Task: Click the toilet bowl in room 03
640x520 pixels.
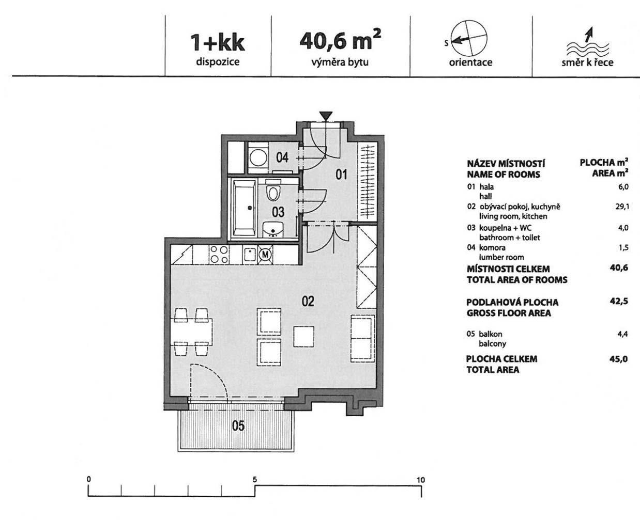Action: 273,190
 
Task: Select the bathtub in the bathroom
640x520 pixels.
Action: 245,208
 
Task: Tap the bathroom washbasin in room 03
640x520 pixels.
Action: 273,229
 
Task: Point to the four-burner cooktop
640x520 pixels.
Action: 219,255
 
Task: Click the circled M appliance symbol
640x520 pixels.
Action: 265,255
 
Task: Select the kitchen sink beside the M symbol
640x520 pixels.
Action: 250,255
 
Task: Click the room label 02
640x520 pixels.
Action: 308,301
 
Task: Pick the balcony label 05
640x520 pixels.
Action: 238,426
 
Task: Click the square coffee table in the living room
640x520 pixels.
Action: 304,337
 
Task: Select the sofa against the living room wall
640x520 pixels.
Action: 363,338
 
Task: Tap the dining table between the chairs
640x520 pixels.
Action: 192,332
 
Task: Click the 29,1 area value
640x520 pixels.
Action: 622,207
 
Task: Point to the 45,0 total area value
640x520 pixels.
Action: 619,359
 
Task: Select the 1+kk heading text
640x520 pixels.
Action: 218,43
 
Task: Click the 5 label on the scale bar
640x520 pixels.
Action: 255,480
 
